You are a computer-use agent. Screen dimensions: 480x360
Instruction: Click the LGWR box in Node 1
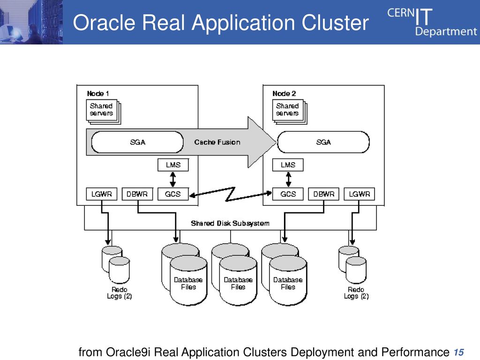[102, 194]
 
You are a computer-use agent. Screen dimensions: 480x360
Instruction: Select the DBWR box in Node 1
[137, 194]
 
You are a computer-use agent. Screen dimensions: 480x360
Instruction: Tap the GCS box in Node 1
[173, 194]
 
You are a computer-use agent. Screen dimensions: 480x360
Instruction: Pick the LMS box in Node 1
[173, 165]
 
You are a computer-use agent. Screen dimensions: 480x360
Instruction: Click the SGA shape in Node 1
[137, 142]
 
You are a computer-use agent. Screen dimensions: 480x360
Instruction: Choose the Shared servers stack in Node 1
[104, 112]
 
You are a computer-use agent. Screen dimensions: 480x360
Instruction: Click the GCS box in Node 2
[288, 194]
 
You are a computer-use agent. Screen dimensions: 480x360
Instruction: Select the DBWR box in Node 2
[323, 194]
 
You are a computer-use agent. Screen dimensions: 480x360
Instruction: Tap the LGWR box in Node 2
[360, 194]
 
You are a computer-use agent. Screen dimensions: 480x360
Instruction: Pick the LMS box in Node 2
[288, 165]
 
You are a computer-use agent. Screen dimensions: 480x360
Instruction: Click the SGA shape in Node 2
[323, 142]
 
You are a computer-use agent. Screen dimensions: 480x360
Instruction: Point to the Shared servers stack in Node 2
[290, 112]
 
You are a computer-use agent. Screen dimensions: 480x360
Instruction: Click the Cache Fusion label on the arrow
[217, 142]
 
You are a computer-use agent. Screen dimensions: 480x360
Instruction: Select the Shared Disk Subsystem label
[230, 224]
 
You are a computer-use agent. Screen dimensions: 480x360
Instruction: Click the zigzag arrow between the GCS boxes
[230, 194]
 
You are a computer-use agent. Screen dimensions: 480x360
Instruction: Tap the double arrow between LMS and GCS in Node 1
[173, 180]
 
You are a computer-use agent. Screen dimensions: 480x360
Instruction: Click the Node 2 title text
[284, 93]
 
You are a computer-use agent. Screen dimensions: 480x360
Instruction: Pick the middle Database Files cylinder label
[238, 284]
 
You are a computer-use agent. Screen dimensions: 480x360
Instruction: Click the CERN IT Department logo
[432, 22]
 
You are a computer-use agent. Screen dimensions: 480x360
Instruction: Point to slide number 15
[458, 352]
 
